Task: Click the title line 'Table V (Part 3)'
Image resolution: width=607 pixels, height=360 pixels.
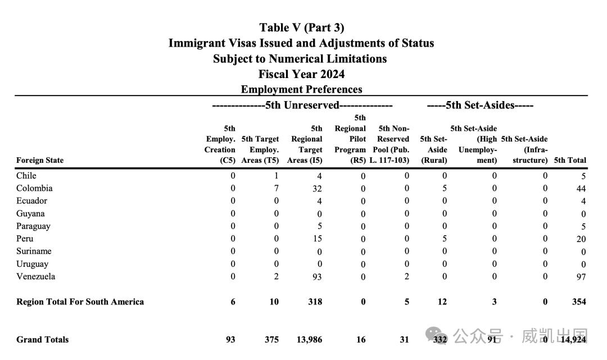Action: pyautogui.click(x=302, y=28)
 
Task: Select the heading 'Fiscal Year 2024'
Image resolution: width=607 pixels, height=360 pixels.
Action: pyautogui.click(x=302, y=74)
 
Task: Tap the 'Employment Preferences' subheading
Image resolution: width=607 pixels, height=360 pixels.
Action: pyautogui.click(x=302, y=89)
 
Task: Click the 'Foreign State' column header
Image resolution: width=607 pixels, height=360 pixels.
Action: pyautogui.click(x=40, y=160)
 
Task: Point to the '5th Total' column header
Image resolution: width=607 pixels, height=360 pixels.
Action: pyautogui.click(x=570, y=160)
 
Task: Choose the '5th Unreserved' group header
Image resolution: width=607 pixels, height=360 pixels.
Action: pyautogui.click(x=302, y=105)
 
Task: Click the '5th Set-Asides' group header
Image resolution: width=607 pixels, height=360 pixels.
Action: pyautogui.click(x=480, y=105)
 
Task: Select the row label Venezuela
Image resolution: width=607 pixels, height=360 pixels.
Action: pyautogui.click(x=35, y=276)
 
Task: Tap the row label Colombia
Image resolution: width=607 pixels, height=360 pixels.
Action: pyautogui.click(x=34, y=188)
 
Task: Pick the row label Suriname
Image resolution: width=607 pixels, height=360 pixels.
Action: pyautogui.click(x=34, y=251)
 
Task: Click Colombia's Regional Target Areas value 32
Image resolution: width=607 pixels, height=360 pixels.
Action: pyautogui.click(x=317, y=189)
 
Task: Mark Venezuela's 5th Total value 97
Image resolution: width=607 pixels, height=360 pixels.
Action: pyautogui.click(x=581, y=277)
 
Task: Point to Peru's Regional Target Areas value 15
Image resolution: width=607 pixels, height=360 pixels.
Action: pyautogui.click(x=318, y=239)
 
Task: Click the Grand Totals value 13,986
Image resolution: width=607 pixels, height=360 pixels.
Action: pyautogui.click(x=309, y=340)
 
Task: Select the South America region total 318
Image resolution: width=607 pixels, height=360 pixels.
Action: pyautogui.click(x=315, y=302)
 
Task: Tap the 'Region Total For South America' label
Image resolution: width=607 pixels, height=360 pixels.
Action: pyautogui.click(x=80, y=302)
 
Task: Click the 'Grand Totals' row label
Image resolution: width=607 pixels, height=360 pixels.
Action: pyautogui.click(x=43, y=340)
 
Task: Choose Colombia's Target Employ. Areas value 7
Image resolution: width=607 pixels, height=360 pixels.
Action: pyautogui.click(x=276, y=188)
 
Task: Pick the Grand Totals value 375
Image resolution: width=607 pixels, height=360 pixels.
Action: pyautogui.click(x=272, y=340)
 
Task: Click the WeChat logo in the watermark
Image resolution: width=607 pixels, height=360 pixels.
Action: pyautogui.click(x=437, y=335)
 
